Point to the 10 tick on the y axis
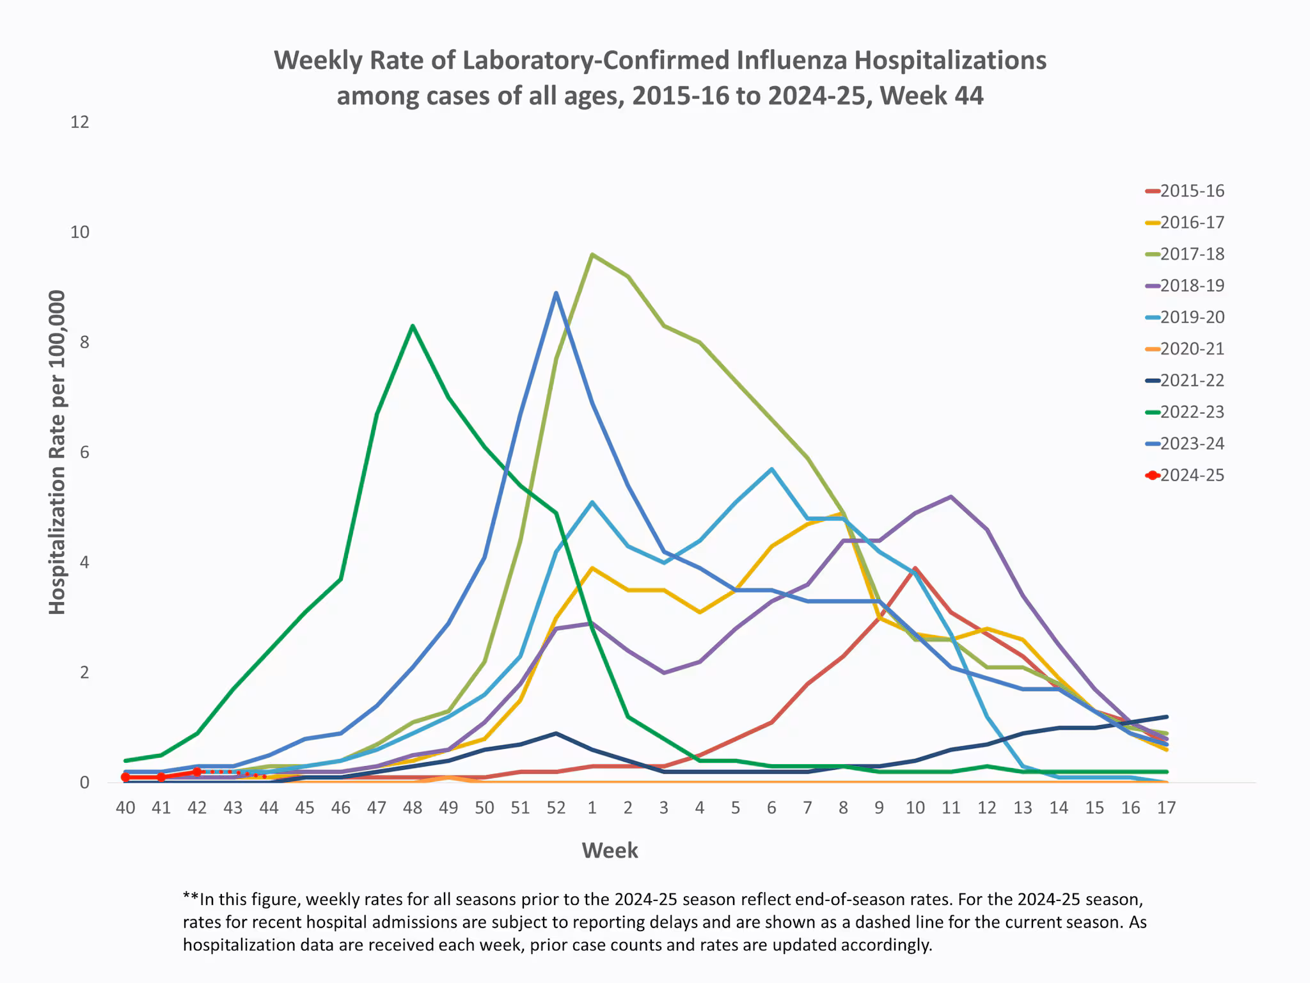[x=80, y=232]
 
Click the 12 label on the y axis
[x=80, y=122]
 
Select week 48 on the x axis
[x=413, y=808]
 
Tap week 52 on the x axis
[x=556, y=808]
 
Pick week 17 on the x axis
[x=1166, y=808]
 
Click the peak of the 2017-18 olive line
[x=592, y=255]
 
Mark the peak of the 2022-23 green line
[x=413, y=326]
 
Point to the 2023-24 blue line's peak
[x=556, y=293]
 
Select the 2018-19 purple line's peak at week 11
[x=951, y=497]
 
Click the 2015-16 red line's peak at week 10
[x=915, y=568]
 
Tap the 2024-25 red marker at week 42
[x=197, y=772]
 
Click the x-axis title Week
[x=610, y=851]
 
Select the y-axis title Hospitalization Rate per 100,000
[x=58, y=452]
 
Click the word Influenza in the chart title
[x=792, y=60]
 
